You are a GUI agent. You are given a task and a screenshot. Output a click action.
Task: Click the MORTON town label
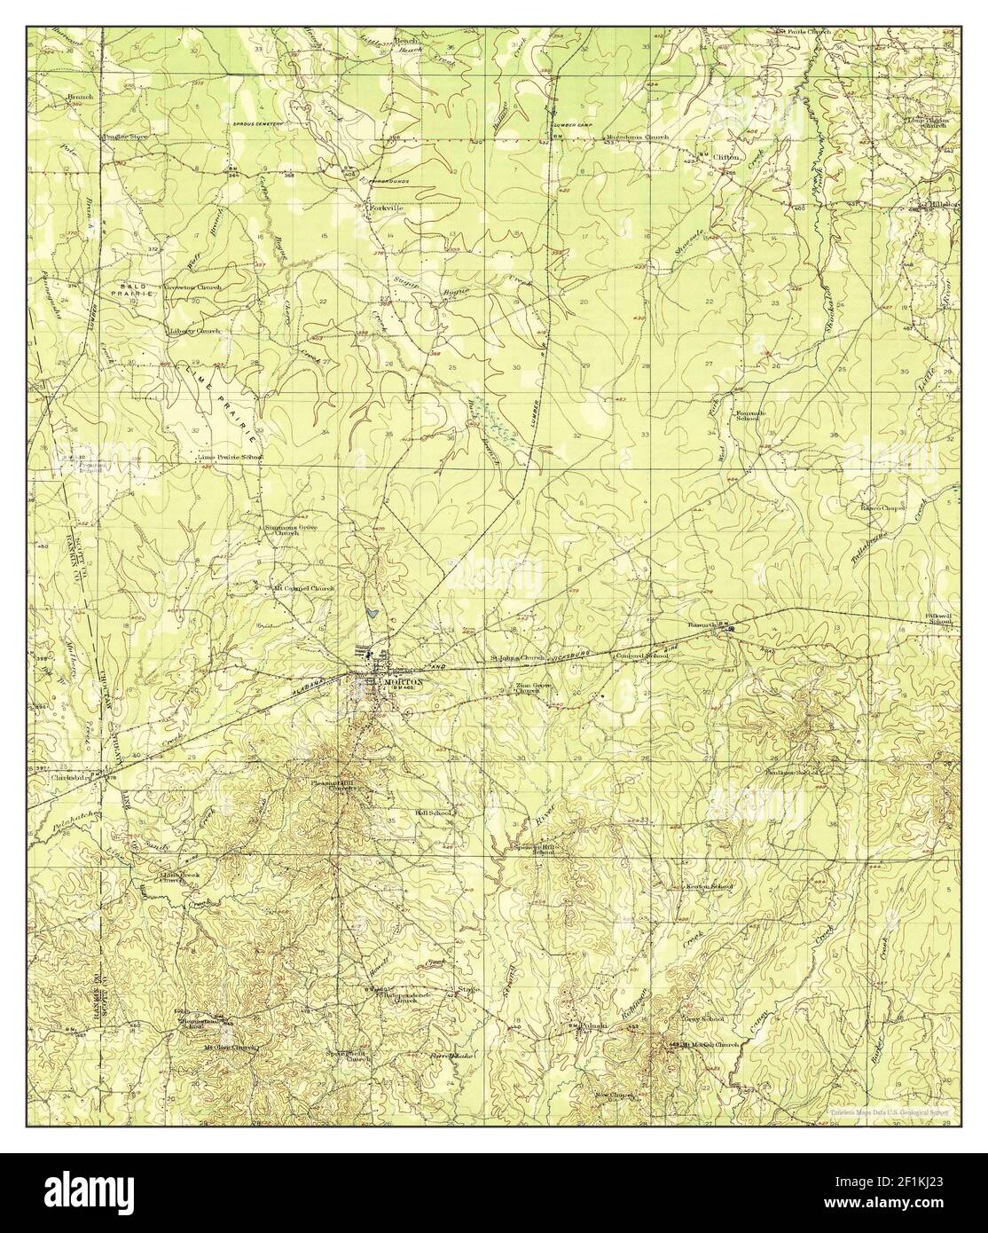[404, 681]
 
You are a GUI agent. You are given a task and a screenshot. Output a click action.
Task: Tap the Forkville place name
[385, 208]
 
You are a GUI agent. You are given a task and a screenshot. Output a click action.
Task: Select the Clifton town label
[725, 156]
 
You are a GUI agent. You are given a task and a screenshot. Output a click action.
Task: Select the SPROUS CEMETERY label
[257, 123]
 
